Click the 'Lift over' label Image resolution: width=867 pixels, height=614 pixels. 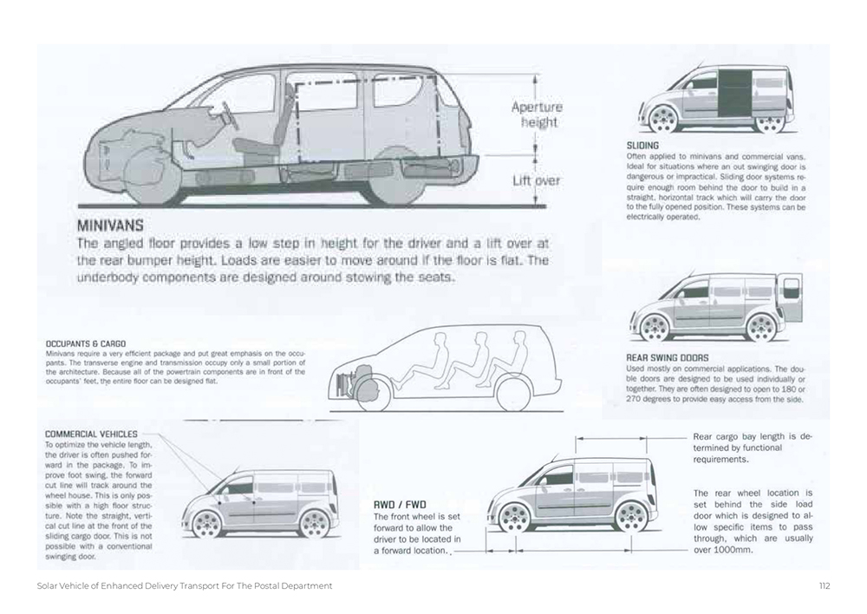[x=536, y=180]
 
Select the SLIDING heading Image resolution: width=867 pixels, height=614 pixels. [x=642, y=145]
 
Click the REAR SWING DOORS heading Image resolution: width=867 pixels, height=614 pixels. [x=667, y=357]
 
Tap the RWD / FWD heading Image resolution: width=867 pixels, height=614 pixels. [x=400, y=504]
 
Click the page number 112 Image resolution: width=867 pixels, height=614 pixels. [x=824, y=585]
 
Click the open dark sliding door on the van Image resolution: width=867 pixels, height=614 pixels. [x=733, y=90]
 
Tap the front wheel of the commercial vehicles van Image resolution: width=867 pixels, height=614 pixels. [x=205, y=523]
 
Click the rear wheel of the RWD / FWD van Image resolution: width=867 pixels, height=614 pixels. [x=630, y=517]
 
